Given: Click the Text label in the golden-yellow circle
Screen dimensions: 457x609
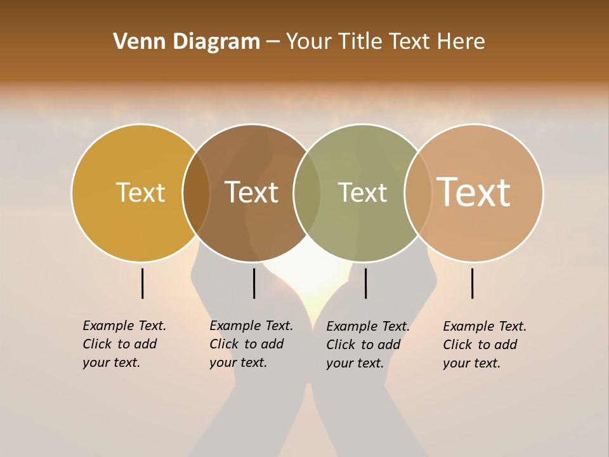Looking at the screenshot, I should pos(140,192).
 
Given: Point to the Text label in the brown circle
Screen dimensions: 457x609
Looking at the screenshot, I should pos(252,192).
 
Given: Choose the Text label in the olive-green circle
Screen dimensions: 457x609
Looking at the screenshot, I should pos(362,192).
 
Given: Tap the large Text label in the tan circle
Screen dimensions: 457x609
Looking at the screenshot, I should pos(474,192).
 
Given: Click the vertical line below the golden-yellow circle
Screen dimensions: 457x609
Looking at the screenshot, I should pos(143,283).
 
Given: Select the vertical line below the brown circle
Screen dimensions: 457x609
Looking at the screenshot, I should pos(254,283).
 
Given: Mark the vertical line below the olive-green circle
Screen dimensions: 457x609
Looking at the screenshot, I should pos(365,283).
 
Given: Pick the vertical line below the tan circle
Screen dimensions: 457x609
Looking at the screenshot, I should pos(472,283).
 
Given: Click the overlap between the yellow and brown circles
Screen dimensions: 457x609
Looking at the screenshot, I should pos(197,192).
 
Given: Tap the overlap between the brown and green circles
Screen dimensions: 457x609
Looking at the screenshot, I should pos(307,192).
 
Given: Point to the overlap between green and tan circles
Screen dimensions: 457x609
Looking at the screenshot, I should pos(418,192).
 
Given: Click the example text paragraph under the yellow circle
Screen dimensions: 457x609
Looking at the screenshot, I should pos(124,344).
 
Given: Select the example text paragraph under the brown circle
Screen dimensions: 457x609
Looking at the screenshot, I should pos(251,344).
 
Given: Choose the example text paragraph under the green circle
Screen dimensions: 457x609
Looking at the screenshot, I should pos(368,345).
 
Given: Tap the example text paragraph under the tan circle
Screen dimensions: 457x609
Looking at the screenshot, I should pos(485,345).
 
